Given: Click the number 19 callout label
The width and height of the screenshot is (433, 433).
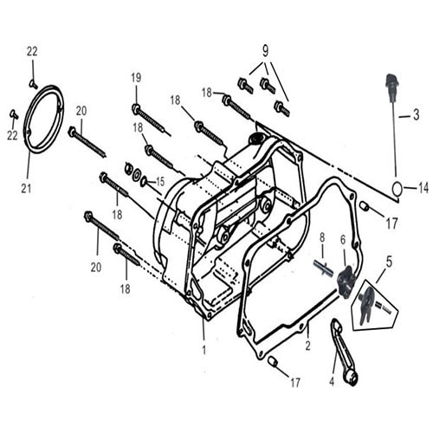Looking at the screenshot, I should click(x=136, y=78).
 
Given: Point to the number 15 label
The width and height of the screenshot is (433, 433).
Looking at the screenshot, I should click(x=158, y=181).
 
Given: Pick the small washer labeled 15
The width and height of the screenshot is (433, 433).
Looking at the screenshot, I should click(x=144, y=182).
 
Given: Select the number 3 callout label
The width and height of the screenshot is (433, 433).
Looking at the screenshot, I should click(x=416, y=113).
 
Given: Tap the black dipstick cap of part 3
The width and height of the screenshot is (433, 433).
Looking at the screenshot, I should click(x=391, y=87).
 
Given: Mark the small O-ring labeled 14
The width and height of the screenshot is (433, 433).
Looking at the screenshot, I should click(x=397, y=188).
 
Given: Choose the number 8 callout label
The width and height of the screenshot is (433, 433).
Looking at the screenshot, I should click(x=321, y=236).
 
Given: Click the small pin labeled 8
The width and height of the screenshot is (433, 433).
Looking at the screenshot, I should click(x=321, y=268).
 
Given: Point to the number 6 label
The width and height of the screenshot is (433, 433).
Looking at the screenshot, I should click(x=343, y=239).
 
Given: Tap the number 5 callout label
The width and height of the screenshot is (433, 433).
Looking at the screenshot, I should click(x=389, y=259).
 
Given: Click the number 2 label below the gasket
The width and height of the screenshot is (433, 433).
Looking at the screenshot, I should click(x=307, y=345).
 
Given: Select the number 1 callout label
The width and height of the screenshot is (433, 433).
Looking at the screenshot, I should click(x=204, y=349).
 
